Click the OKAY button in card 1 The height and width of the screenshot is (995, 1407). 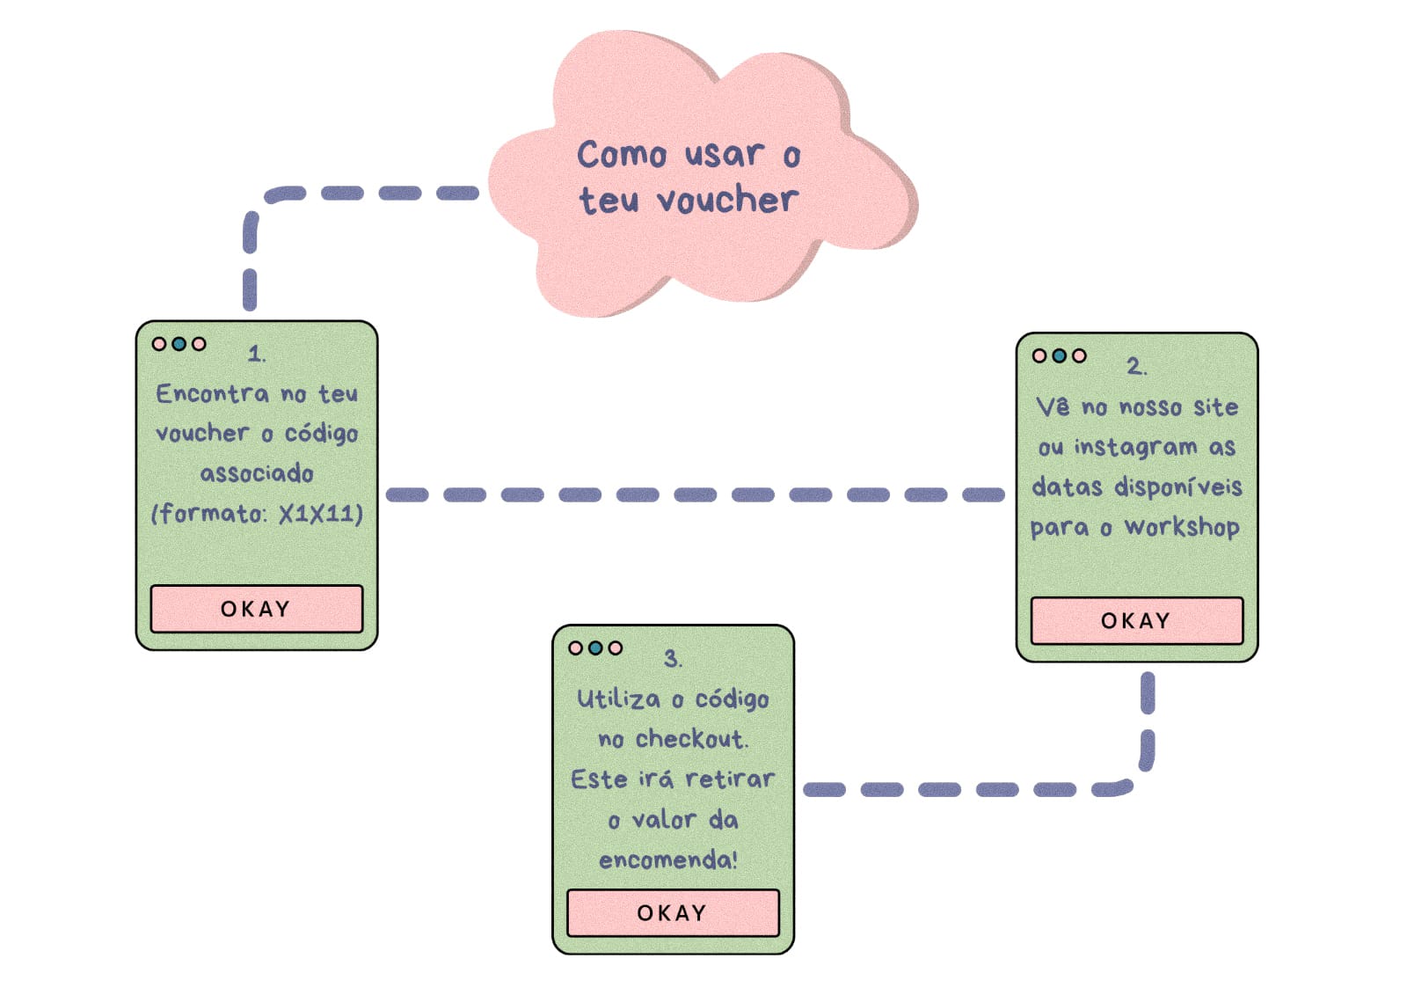(256, 609)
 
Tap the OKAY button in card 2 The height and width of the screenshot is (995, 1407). (1136, 621)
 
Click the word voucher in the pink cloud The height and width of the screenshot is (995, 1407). (728, 201)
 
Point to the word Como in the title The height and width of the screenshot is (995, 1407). (622, 155)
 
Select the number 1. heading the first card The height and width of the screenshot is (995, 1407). (257, 354)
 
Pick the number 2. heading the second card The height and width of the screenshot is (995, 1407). (1136, 366)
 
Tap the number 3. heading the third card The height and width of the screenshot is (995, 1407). (673, 659)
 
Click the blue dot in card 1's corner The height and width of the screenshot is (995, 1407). (179, 344)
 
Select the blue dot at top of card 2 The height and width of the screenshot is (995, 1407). (1060, 355)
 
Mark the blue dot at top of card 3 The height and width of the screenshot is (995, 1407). (595, 648)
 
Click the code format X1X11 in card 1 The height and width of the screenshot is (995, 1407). (319, 514)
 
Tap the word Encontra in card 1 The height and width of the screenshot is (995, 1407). (213, 393)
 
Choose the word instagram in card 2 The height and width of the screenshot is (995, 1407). (1135, 448)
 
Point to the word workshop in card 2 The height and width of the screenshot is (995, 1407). (1183, 528)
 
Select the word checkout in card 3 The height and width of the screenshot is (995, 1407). (691, 739)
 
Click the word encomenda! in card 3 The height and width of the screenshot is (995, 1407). (668, 860)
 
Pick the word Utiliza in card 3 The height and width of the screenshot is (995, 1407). (618, 699)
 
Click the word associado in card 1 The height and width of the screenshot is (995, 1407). (257, 474)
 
